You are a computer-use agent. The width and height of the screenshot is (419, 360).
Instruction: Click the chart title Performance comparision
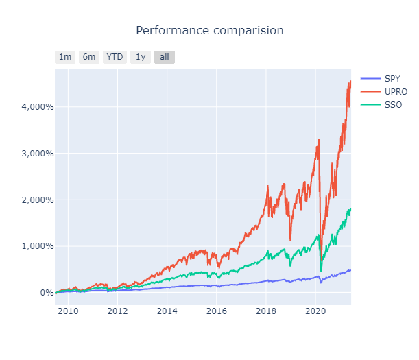[209, 31]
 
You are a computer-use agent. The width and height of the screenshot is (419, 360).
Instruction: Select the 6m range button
[89, 57]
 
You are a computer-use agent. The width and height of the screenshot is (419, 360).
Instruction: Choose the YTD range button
[115, 57]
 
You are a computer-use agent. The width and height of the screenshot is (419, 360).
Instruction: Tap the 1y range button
[140, 57]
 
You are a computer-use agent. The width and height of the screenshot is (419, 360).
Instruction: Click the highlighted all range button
[164, 57]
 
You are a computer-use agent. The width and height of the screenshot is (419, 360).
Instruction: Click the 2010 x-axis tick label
[68, 311]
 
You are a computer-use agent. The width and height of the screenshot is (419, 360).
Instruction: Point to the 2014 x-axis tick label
[167, 311]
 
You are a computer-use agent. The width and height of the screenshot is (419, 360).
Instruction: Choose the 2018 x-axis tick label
[266, 311]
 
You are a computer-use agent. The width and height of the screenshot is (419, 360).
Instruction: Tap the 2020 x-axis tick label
[315, 311]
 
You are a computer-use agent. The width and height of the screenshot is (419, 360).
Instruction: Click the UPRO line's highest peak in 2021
[350, 82]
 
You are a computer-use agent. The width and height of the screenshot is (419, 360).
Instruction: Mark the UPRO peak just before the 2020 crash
[319, 139]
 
